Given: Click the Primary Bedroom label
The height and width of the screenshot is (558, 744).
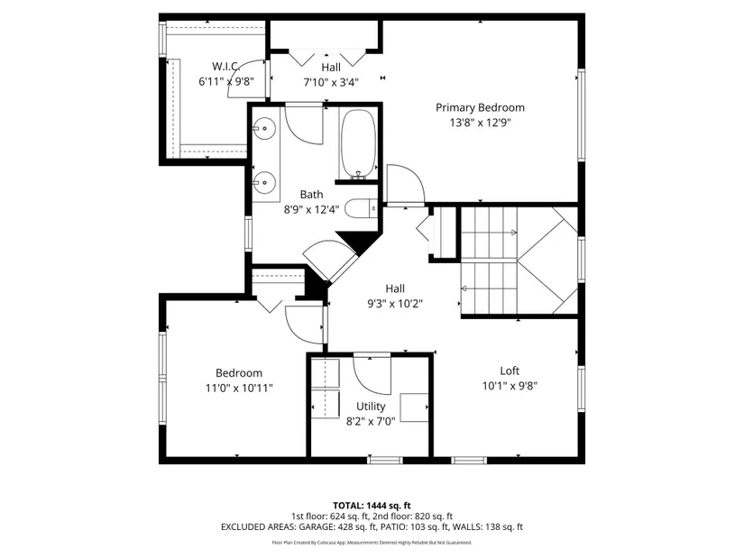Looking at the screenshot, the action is (x=480, y=107).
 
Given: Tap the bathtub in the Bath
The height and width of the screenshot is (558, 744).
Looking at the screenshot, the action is (x=359, y=143).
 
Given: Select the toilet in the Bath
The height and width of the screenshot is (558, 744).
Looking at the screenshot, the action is (x=361, y=208).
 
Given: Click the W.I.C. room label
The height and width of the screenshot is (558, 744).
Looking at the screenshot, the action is (x=225, y=66).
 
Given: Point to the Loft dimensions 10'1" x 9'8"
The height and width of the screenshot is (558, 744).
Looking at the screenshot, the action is (x=510, y=386).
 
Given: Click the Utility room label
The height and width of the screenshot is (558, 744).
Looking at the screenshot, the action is (x=371, y=407).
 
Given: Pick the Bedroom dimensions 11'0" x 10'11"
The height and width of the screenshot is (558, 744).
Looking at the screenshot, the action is (x=239, y=389).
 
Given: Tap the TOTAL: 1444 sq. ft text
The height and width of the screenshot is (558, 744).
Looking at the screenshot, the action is (x=372, y=506).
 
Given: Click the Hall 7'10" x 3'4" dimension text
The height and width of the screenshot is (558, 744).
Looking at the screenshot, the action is (x=331, y=83).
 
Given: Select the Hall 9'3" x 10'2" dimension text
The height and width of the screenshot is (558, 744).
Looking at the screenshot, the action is (x=395, y=304).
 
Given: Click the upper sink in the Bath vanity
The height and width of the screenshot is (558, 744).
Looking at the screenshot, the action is (x=263, y=128).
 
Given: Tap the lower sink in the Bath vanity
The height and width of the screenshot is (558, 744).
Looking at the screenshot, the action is (x=263, y=182).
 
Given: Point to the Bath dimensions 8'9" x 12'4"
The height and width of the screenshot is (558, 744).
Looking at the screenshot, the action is (x=311, y=210).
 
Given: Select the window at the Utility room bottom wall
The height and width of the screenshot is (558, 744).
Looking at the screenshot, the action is (x=385, y=460).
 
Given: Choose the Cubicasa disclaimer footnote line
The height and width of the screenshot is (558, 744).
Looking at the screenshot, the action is (x=372, y=543).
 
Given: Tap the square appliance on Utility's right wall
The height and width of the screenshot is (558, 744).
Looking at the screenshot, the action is (x=414, y=407).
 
